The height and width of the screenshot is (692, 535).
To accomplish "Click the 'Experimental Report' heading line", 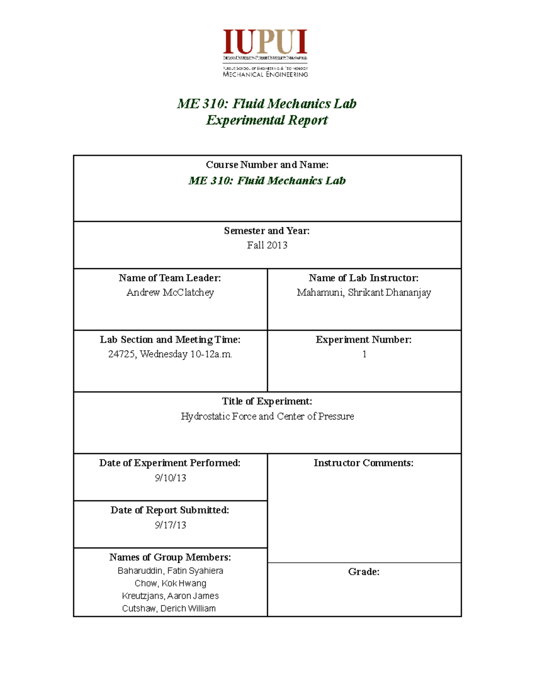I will coord(267,120).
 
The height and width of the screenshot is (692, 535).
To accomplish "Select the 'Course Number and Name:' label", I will coord(267,165).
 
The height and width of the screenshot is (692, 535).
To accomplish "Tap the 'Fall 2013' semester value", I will coord(267,245).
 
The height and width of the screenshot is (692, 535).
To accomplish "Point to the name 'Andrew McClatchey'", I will coord(170,292).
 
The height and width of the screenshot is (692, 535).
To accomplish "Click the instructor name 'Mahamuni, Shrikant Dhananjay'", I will coord(364,292).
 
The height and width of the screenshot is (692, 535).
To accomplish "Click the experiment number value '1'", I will coord(364,354).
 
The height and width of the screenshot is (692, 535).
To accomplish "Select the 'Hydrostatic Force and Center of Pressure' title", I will coord(267,416).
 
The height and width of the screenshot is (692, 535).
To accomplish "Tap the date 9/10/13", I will coord(170,478).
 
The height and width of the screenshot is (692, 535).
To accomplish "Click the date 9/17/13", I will coord(170,525).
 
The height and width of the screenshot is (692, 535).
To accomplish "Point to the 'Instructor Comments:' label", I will coord(363,463).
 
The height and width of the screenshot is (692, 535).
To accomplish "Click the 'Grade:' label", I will coord(364,572).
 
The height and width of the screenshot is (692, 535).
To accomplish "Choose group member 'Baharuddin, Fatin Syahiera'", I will coord(170,571).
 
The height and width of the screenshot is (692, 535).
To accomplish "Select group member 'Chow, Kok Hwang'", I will coord(170,583).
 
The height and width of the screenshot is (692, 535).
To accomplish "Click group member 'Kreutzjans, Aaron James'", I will coord(170,596).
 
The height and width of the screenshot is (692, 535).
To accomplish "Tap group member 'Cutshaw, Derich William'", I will coord(169,608).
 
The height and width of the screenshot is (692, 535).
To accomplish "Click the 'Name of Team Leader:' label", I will coord(170,278).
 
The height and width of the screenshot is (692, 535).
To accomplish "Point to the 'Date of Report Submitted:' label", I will coord(170,510).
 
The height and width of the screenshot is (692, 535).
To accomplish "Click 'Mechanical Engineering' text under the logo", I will coord(265,74).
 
